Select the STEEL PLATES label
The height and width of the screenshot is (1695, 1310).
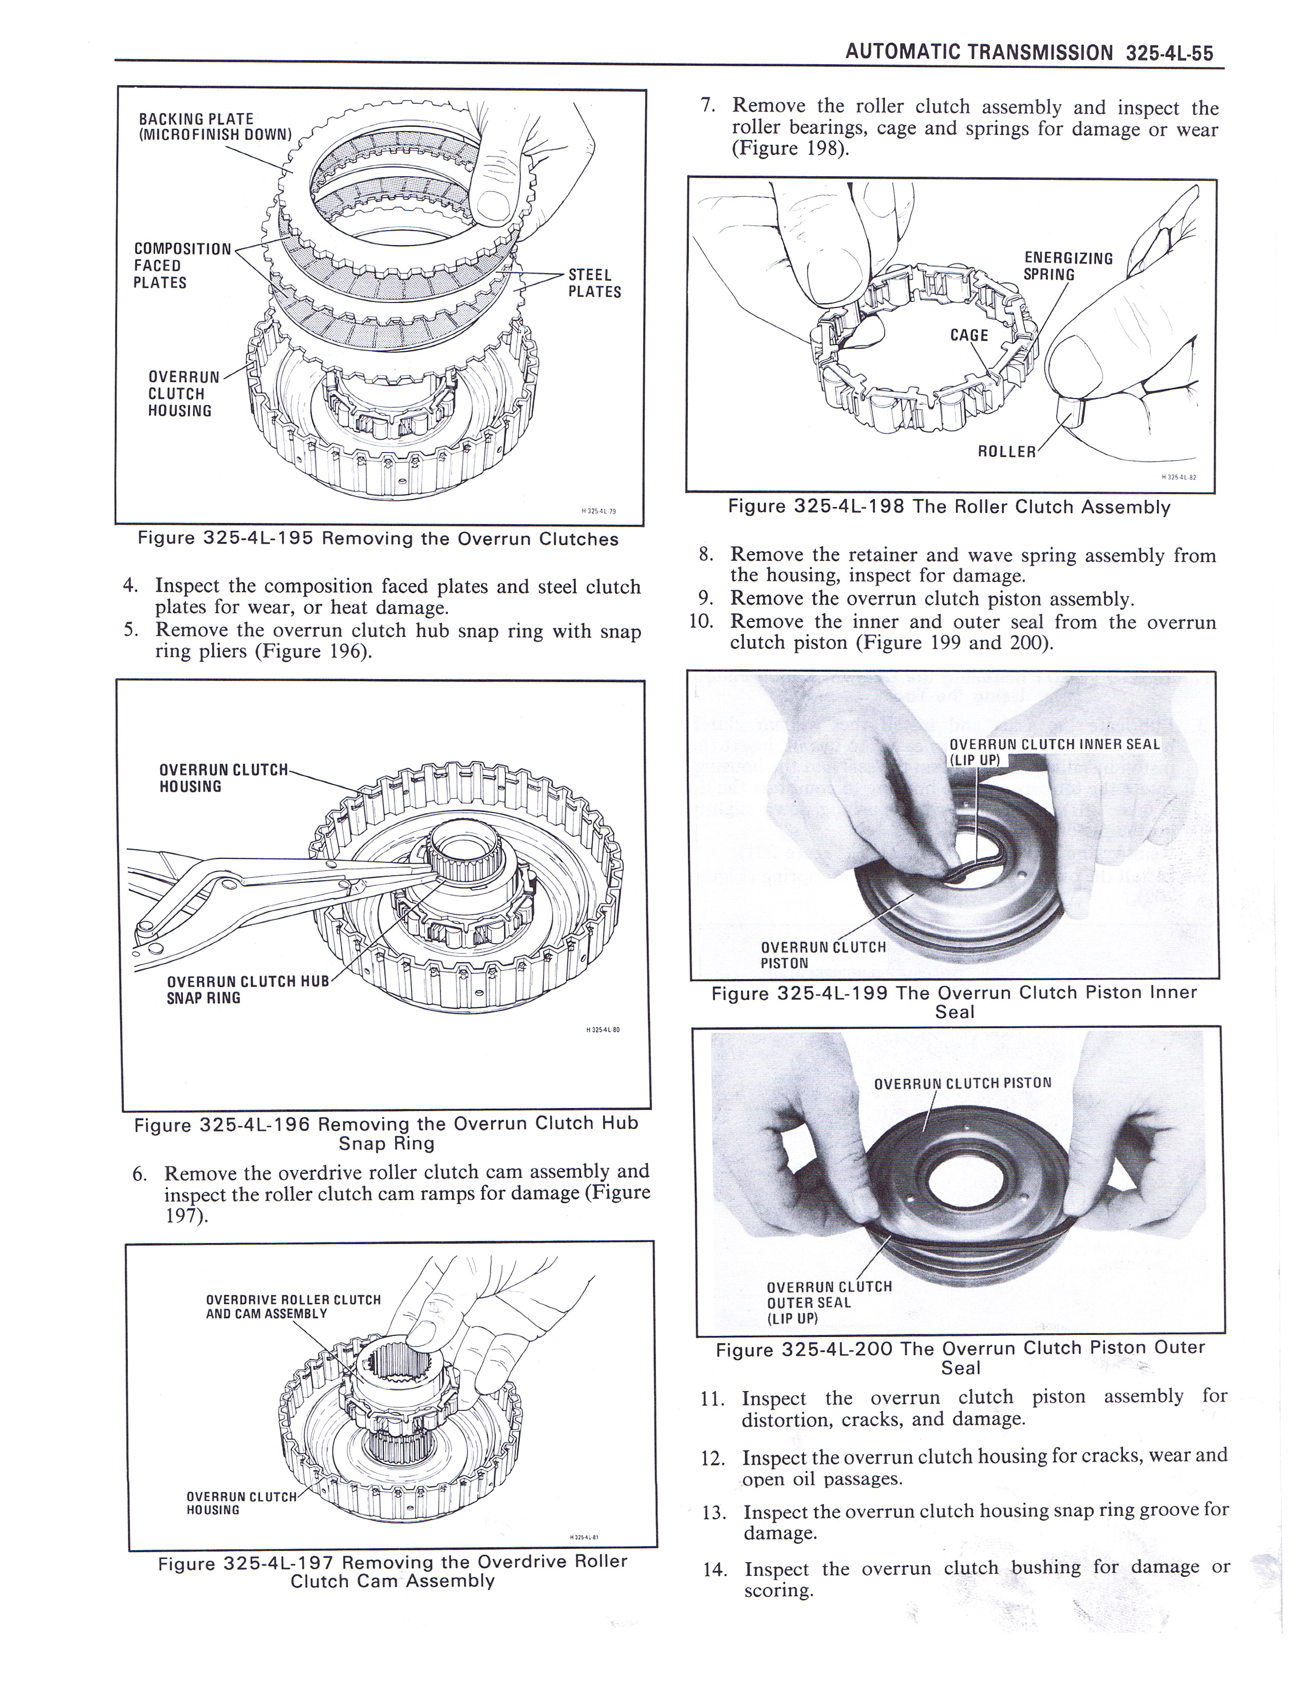click(594, 284)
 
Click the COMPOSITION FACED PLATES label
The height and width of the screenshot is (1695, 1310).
click(182, 266)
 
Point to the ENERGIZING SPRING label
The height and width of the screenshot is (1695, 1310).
click(1069, 266)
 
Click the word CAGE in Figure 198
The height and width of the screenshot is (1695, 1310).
click(969, 335)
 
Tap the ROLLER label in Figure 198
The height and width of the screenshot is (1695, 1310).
click(1006, 451)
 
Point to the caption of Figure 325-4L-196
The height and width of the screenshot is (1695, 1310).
click(386, 1133)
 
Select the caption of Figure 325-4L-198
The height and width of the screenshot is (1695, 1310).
click(949, 507)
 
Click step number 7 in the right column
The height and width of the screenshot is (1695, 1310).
click(706, 105)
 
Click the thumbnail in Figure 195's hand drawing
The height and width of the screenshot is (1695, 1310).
click(494, 205)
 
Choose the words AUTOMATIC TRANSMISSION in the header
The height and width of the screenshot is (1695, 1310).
click(979, 53)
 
